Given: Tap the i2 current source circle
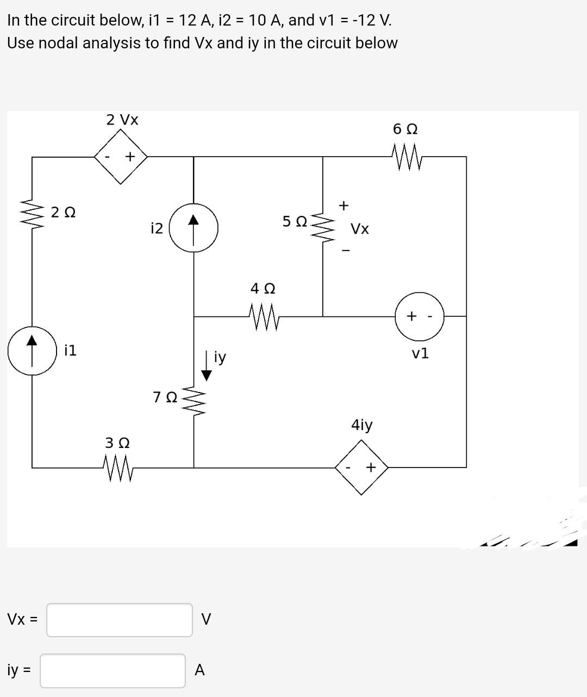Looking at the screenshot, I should [x=194, y=227].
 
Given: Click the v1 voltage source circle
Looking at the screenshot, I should [x=420, y=316].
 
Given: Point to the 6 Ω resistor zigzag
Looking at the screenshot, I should [x=405, y=157].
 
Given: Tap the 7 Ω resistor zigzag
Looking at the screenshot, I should [x=194, y=401].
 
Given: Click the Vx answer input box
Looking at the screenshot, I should [x=119, y=620].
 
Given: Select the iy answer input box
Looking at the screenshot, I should [x=113, y=670].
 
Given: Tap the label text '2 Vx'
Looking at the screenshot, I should [x=122, y=120].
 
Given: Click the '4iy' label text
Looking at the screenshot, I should [x=362, y=425].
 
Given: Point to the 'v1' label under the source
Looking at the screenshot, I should [x=420, y=353].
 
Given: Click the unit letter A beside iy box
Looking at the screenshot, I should [x=199, y=670].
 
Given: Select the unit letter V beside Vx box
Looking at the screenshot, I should [x=206, y=619].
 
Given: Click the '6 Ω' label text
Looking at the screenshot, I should [x=405, y=129].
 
